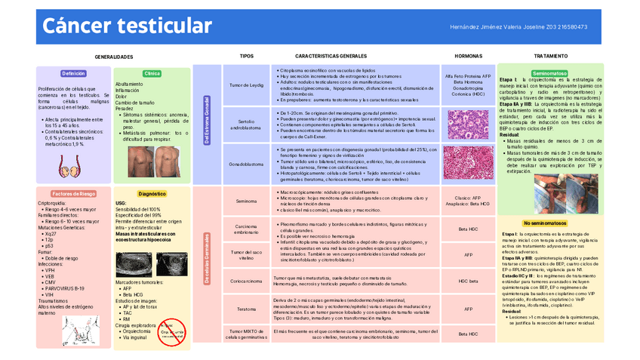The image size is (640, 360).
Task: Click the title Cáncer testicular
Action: [x=127, y=26]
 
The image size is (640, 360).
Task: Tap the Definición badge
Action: [x=73, y=74]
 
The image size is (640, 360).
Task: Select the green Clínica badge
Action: [x=152, y=74]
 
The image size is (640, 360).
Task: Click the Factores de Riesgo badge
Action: [x=73, y=194]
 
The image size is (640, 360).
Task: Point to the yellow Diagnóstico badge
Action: [x=152, y=194]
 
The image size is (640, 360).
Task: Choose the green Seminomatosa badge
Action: [x=549, y=74]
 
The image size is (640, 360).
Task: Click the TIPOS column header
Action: [x=247, y=57]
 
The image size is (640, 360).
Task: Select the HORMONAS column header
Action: [x=468, y=57]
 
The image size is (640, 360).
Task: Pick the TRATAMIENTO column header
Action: [x=550, y=57]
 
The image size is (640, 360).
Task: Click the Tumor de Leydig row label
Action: [x=246, y=85]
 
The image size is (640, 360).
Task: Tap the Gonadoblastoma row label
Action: [x=246, y=163]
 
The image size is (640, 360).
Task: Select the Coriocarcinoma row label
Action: [x=246, y=281]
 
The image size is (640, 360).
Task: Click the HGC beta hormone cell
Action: [x=468, y=281]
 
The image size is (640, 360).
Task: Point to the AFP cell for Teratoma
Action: [x=468, y=309]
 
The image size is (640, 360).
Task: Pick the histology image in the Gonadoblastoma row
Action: [x=468, y=162]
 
